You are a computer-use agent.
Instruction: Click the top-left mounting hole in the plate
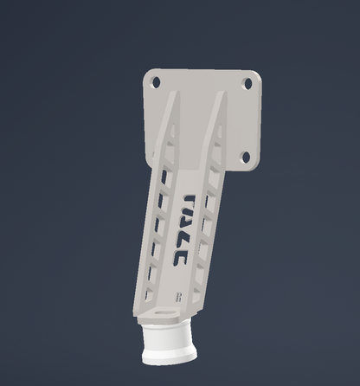156,82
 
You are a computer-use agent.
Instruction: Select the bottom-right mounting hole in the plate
245,157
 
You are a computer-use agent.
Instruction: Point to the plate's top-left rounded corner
148,73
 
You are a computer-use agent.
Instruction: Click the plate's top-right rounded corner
256,74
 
